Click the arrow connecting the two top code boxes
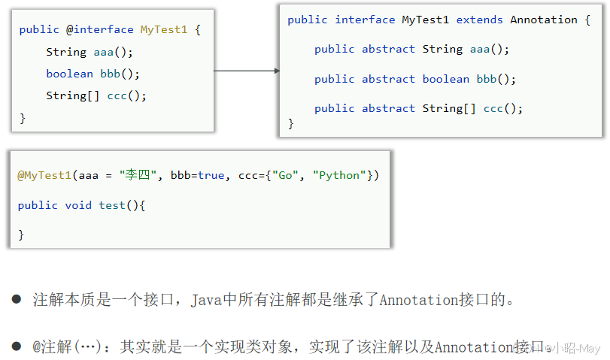point(246,71)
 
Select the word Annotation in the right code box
point(544,20)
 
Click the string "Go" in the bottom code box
point(286,175)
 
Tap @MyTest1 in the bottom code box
point(44,175)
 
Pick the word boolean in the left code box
point(69,74)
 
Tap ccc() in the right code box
point(502,108)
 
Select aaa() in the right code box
point(490,49)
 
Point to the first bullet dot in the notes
point(17,299)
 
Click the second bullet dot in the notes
point(17,346)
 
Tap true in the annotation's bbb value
point(211,175)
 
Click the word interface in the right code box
point(365,20)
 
